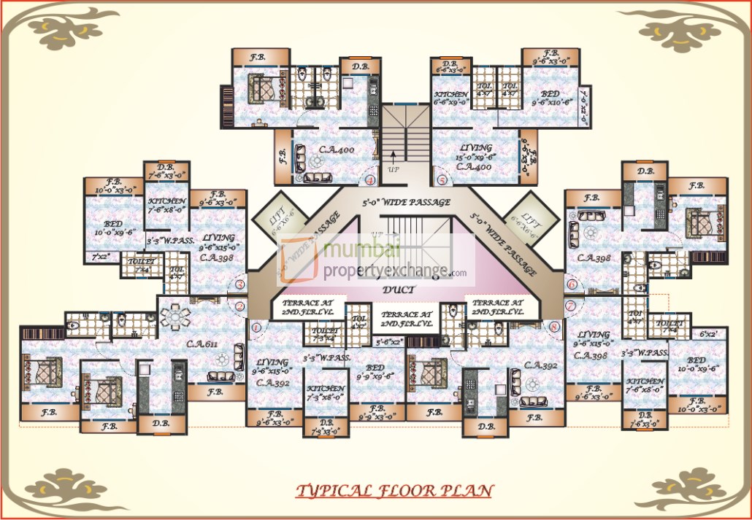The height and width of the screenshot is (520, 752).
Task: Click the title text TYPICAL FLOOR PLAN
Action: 394,491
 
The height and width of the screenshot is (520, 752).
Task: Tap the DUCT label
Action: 399,290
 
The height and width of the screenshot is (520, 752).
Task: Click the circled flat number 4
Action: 370,179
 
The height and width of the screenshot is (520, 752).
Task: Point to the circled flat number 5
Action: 441,179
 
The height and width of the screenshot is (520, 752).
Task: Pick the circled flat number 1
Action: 256,327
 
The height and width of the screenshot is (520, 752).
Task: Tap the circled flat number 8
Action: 555,327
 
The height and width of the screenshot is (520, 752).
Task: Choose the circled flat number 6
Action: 571,284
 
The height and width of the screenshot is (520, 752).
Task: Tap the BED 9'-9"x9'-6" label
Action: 375,371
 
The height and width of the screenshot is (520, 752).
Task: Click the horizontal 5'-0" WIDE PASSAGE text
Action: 407,202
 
